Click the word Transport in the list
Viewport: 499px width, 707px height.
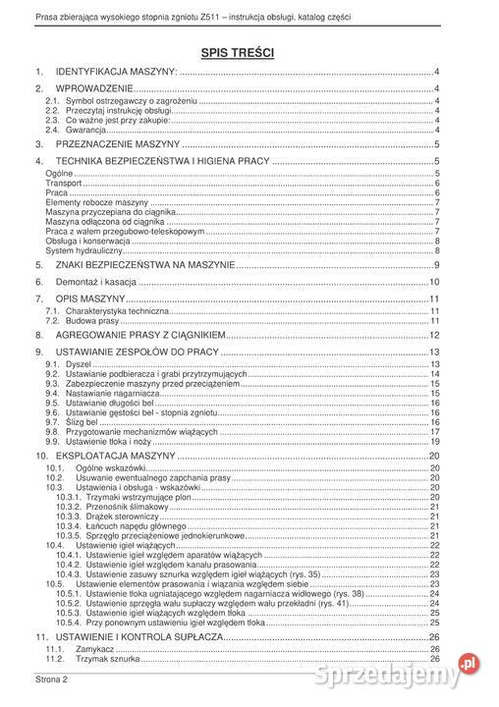(x=63, y=184)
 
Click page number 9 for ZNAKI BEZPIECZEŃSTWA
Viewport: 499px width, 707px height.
(x=436, y=265)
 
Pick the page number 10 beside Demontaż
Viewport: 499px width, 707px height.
(x=433, y=282)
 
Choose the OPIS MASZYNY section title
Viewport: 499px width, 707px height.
(x=90, y=298)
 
